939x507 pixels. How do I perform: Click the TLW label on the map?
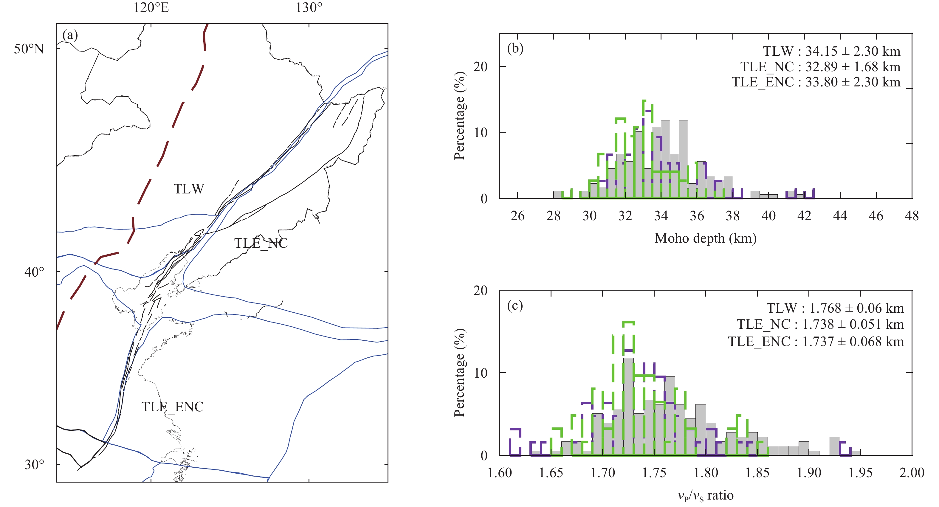[x=189, y=189]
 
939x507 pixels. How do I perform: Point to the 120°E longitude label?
[x=151, y=7]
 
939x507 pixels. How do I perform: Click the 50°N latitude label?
[x=29, y=49]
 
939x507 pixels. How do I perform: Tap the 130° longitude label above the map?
[x=309, y=7]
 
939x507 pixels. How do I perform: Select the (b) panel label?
[x=515, y=49]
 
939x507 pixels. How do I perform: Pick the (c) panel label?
[x=515, y=306]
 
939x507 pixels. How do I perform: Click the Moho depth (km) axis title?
[x=705, y=238]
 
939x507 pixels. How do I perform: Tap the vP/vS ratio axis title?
[x=705, y=496]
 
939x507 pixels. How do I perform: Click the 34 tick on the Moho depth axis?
[x=661, y=216]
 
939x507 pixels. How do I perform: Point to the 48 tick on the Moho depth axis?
[x=912, y=216]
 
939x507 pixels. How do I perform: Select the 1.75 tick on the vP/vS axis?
[x=654, y=473]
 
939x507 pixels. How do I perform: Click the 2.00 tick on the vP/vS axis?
[x=912, y=473]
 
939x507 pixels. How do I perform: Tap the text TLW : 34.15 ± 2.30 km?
[x=831, y=51]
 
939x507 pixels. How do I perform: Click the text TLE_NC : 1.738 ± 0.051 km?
[x=820, y=324]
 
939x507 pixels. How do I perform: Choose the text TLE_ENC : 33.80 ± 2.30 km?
[x=816, y=82]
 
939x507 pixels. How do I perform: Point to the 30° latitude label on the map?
[x=34, y=465]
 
